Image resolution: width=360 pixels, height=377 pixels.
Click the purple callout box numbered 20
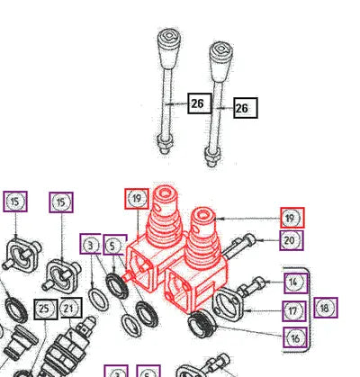click(x=292, y=240)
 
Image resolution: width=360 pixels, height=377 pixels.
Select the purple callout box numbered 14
click(x=296, y=283)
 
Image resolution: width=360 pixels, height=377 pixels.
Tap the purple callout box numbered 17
click(x=294, y=311)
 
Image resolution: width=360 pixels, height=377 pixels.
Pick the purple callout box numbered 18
click(x=326, y=308)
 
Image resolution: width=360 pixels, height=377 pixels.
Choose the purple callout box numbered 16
click(x=295, y=337)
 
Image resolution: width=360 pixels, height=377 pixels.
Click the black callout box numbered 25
click(x=46, y=309)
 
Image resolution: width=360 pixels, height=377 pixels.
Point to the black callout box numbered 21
click(x=71, y=308)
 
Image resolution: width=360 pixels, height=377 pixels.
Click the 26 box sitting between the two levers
click(x=200, y=103)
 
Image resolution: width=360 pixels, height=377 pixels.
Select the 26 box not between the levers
click(x=246, y=108)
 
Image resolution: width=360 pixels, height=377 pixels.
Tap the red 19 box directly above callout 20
click(x=292, y=218)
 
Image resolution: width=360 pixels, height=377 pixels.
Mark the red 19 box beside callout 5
click(x=137, y=199)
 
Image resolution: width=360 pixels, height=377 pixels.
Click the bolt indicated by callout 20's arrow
click(x=239, y=247)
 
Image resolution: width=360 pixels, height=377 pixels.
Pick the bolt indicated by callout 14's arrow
click(x=250, y=287)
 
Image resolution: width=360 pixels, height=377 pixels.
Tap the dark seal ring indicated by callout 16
click(x=202, y=324)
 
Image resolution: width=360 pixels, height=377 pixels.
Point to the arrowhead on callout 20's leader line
click(x=258, y=240)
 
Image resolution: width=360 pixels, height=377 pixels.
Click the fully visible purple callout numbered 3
click(x=90, y=244)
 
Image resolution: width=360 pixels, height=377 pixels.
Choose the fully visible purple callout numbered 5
click(x=115, y=245)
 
